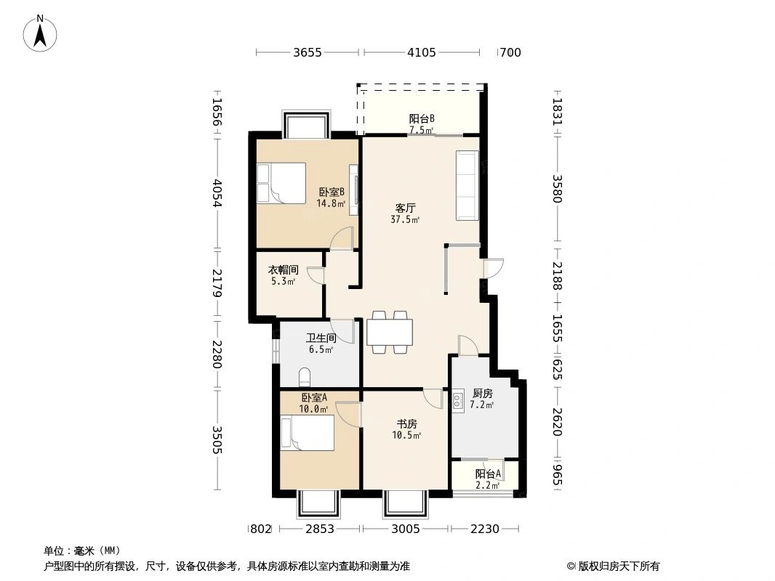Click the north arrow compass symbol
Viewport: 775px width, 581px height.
click(x=41, y=33)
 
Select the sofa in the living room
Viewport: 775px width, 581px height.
click(x=467, y=185)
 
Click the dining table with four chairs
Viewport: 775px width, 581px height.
click(x=389, y=332)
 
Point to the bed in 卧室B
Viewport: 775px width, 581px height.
click(x=281, y=184)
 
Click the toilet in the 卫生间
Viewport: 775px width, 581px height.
click(x=305, y=377)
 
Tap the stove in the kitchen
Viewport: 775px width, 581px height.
click(x=458, y=400)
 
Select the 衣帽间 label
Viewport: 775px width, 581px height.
click(x=283, y=269)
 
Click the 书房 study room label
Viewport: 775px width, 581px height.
click(x=406, y=424)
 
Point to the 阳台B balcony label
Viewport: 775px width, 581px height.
click(x=421, y=119)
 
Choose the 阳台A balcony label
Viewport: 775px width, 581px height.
click(x=487, y=474)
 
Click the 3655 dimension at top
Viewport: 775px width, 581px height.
click(x=308, y=52)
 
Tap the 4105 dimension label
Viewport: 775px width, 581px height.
click(x=422, y=52)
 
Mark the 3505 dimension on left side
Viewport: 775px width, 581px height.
click(x=216, y=440)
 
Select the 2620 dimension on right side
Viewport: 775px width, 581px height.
click(x=557, y=421)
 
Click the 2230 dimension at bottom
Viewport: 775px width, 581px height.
click(x=484, y=529)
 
